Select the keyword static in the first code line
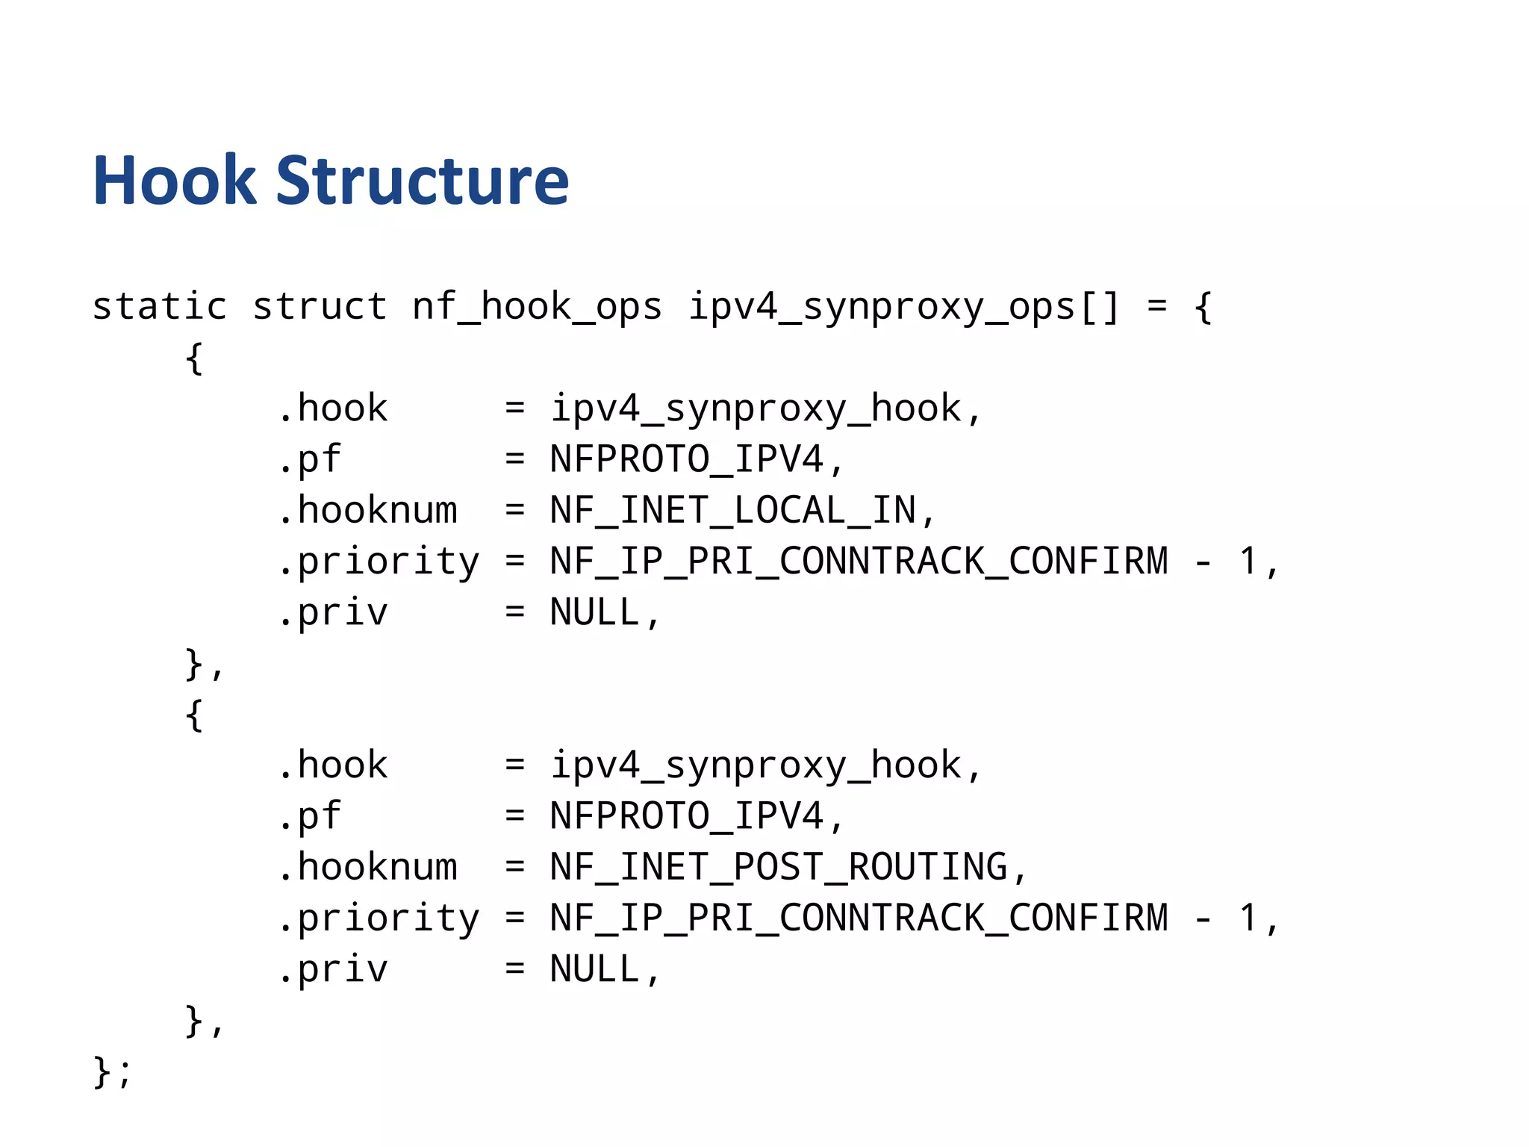[159, 306]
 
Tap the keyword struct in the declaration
[320, 306]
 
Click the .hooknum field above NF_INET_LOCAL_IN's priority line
[367, 511]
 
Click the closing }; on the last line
[112, 1072]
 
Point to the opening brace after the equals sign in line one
[1202, 306]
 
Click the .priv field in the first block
[333, 613]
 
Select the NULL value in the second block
[595, 969]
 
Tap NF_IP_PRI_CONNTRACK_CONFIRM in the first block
[859, 562]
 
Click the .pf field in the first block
[310, 459]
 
